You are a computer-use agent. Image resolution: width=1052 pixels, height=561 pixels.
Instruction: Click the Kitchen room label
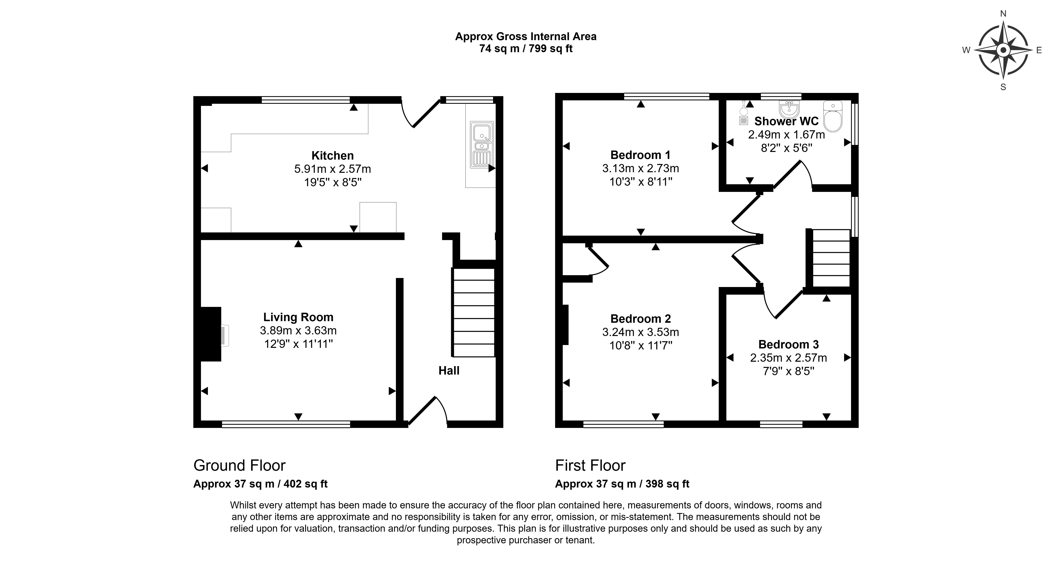coord(332,156)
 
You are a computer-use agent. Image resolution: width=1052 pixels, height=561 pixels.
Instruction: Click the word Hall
coord(449,371)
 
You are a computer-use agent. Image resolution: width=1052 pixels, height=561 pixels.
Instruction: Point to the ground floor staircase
coord(474,312)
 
